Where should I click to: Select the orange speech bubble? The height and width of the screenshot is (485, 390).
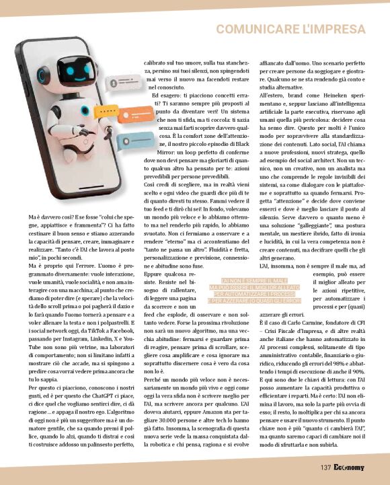click(120, 141)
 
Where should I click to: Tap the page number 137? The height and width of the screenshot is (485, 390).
click(326, 467)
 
